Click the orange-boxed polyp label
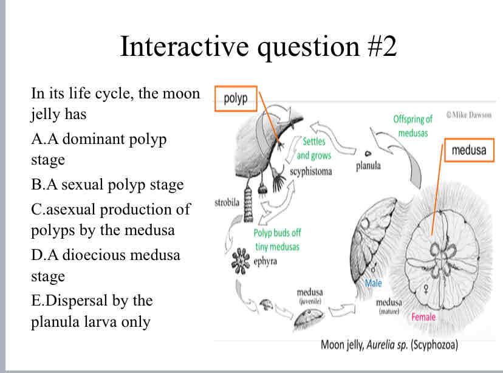click(236, 99)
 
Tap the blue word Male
click(374, 283)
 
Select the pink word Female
click(423, 317)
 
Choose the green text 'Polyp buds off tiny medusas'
click(277, 239)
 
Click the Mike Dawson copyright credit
click(468, 115)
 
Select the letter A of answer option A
click(36, 139)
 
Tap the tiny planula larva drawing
click(368, 154)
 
